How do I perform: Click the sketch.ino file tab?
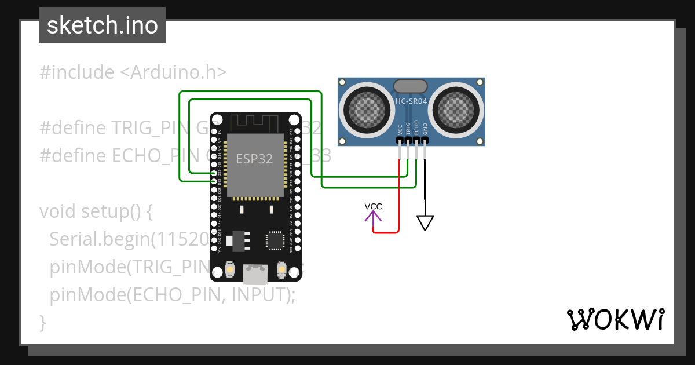(x=103, y=25)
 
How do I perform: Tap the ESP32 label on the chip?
(x=254, y=159)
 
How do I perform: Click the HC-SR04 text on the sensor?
(x=411, y=101)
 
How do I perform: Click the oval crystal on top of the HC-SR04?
(x=411, y=86)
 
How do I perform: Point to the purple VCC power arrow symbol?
(x=373, y=216)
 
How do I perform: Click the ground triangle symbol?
(x=425, y=222)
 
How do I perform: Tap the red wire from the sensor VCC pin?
(x=399, y=197)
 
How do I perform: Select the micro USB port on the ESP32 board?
(x=255, y=274)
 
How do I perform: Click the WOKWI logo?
(x=615, y=319)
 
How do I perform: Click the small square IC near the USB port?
(x=274, y=240)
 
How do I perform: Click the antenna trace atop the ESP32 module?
(x=255, y=123)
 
